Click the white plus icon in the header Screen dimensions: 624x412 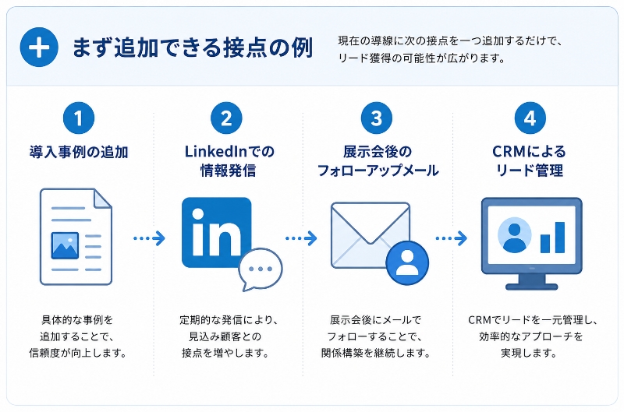tap(39, 48)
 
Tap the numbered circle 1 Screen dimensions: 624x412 tap(79, 118)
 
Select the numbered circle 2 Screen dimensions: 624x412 tap(226, 118)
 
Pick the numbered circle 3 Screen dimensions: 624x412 tap(377, 118)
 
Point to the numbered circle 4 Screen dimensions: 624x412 tap(530, 118)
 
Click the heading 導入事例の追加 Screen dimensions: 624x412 tap(79, 152)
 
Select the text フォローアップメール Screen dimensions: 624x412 tap(378, 171)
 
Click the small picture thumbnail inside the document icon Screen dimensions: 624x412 tap(65, 246)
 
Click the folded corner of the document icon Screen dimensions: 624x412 tap(103, 198)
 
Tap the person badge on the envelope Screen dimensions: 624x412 tap(407, 262)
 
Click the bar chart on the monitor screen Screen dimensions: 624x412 tap(552, 238)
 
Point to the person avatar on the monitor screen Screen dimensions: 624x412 tap(515, 235)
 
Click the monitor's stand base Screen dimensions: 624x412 tap(531, 287)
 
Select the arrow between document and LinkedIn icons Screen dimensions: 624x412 tap(149, 238)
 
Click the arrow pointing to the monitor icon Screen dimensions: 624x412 tap(452, 238)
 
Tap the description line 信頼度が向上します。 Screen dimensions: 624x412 tap(79, 353)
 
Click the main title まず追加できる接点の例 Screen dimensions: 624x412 tap(193, 48)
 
